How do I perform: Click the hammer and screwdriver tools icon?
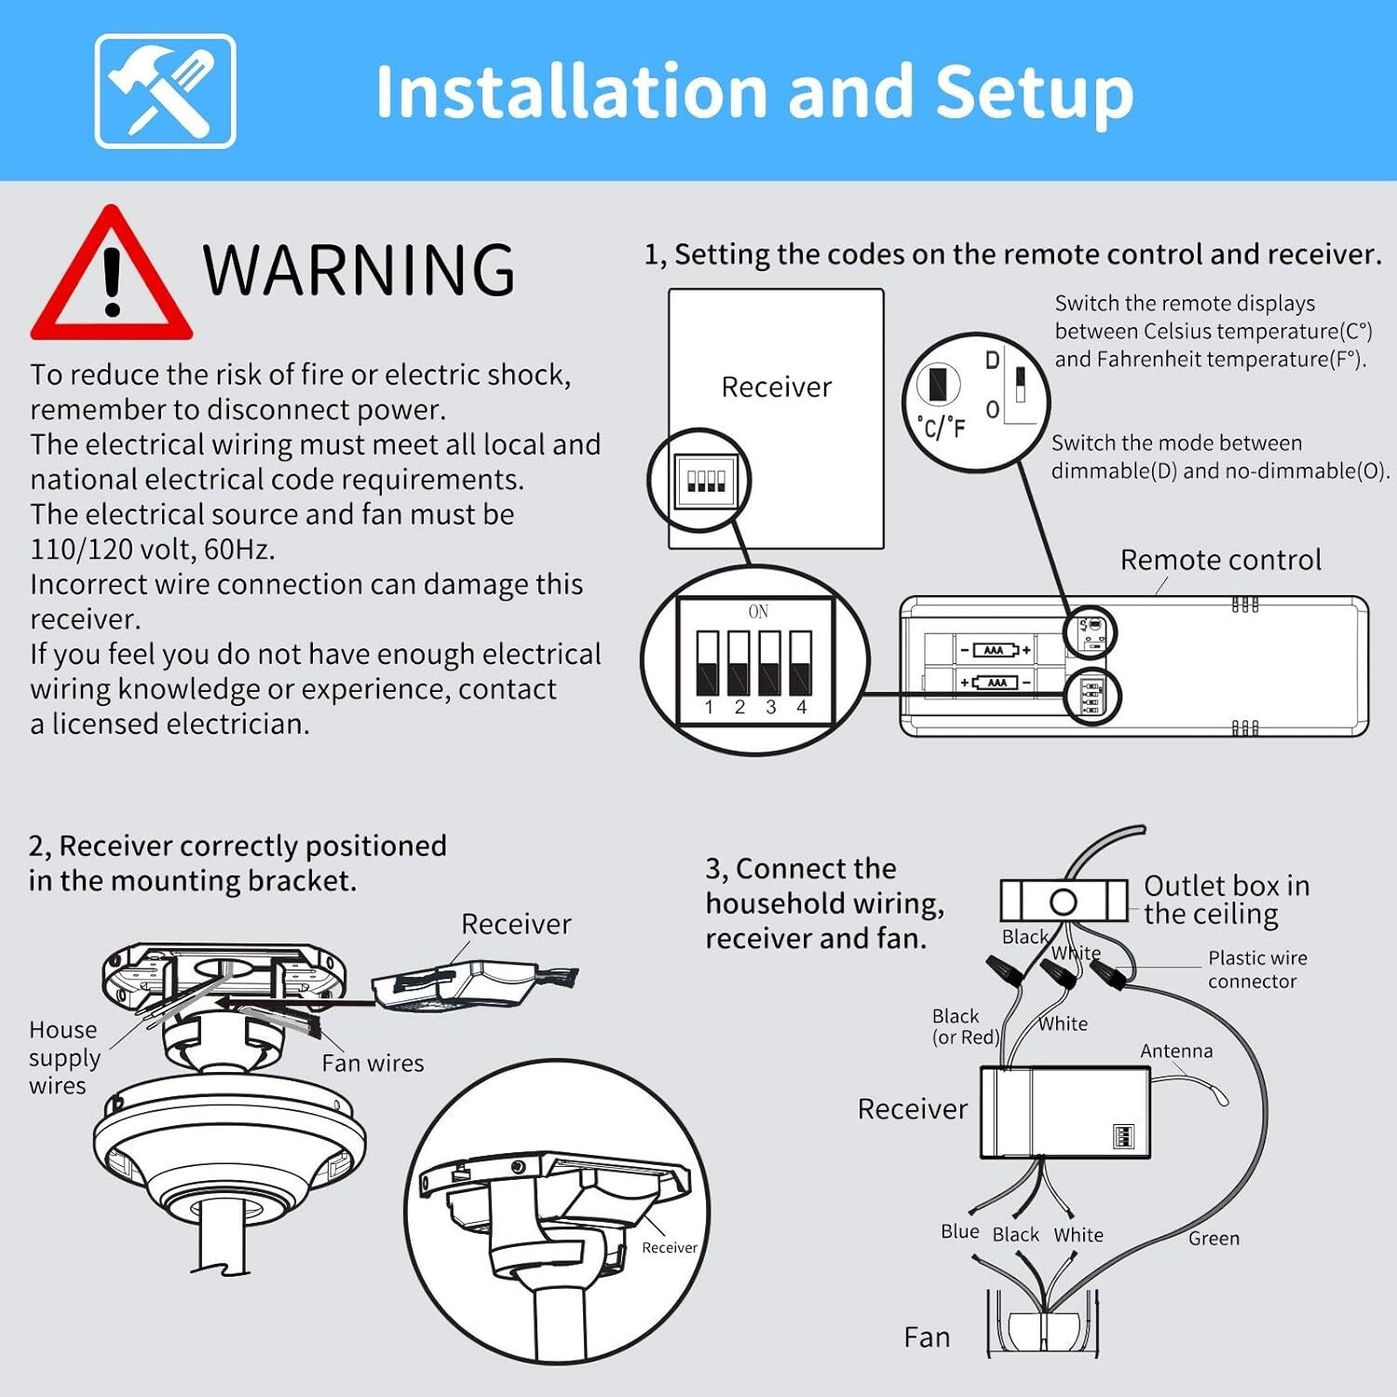[165, 91]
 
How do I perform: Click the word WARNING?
[359, 270]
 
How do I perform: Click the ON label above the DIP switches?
[758, 612]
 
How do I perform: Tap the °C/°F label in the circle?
[942, 427]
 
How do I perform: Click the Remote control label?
[1220, 560]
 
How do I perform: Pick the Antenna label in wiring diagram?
[1176, 1051]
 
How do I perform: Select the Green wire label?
[1214, 1238]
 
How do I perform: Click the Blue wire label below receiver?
[959, 1231]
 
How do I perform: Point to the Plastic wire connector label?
[1256, 970]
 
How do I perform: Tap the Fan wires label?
[373, 1063]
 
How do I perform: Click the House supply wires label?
[64, 1058]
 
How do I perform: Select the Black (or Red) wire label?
[965, 1026]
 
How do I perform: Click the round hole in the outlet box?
[1063, 902]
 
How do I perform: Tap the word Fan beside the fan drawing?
[927, 1337]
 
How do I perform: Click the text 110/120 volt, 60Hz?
[152, 549]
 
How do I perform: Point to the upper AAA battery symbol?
[995, 650]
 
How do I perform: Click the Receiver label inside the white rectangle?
[776, 387]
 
